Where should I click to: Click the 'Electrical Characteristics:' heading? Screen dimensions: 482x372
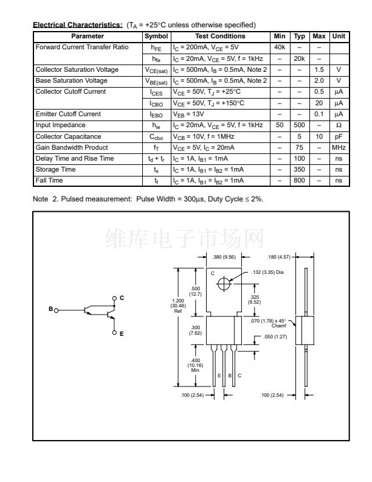coord(77,25)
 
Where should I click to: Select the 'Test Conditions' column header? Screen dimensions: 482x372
coord(220,36)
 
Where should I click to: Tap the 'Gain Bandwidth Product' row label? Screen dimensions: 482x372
coord(72,147)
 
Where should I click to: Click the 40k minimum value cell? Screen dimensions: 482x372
coord(280,47)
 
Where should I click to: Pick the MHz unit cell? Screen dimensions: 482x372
coord(339,147)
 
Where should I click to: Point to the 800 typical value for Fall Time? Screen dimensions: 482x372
coord(299,181)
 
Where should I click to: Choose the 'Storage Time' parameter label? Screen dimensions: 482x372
coord(56,170)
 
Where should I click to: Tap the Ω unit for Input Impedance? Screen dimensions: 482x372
coord(339,125)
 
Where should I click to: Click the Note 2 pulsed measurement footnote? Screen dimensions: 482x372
coord(148,199)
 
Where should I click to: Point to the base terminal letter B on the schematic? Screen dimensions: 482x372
coord(51,309)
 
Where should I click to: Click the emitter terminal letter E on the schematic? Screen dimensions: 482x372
coord(122,334)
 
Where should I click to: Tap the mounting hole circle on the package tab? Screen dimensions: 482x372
coord(224,284)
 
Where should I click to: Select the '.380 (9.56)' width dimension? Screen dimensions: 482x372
coord(225,257)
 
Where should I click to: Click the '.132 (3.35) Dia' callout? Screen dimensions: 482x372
coord(267,272)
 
